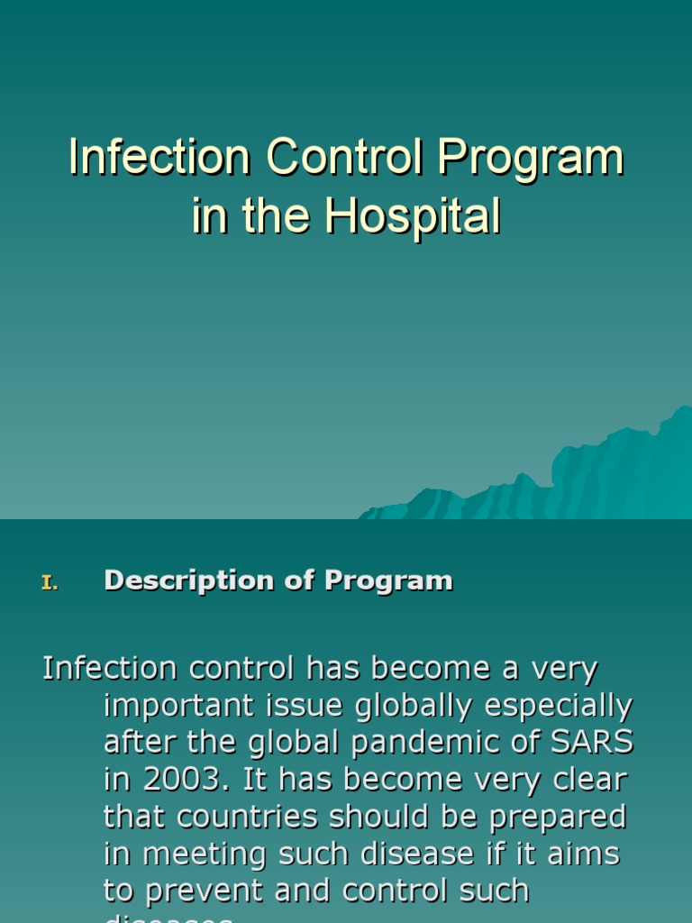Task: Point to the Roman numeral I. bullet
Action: click(50, 583)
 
